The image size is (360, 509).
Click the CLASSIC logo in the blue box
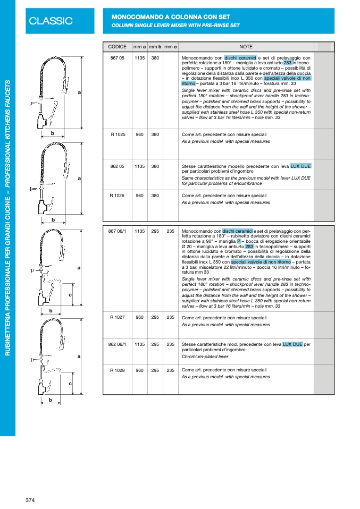[x=51, y=21]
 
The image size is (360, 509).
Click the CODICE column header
[x=117, y=47]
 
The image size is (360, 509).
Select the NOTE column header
[x=246, y=47]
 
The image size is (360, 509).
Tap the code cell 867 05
[x=117, y=57]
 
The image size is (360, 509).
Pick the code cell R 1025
[x=117, y=134]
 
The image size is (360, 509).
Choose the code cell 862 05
[x=117, y=166]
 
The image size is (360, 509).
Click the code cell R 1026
[x=117, y=196]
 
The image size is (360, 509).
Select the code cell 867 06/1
[x=117, y=232]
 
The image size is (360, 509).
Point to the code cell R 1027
[x=117, y=317]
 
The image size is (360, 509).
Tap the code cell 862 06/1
[x=117, y=344]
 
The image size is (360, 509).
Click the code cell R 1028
[x=117, y=370]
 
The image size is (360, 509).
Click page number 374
[x=30, y=500]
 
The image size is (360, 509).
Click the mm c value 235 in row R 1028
[x=170, y=370]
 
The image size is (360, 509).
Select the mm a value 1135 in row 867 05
[x=140, y=57]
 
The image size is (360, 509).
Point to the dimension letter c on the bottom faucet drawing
[x=70, y=383]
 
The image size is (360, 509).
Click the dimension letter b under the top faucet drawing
[x=53, y=133]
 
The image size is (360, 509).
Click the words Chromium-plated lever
[x=205, y=357]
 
